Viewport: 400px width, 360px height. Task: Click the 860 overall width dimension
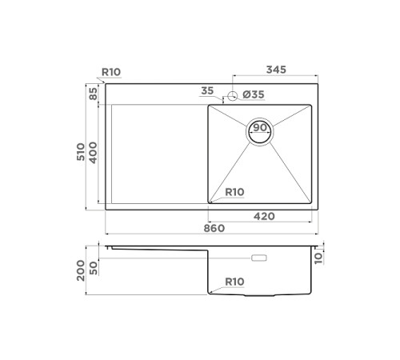pos(212,228)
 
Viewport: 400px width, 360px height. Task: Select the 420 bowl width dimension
pos(264,215)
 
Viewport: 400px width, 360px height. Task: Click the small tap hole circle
pos(233,96)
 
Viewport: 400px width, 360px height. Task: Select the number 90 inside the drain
pos(260,128)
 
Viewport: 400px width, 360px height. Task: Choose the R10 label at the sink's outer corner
pos(110,72)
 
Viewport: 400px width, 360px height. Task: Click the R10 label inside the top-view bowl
pos(234,192)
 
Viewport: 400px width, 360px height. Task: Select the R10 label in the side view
pos(234,282)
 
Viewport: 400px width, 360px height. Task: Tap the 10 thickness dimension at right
pos(320,257)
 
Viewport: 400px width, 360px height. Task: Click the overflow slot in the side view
pos(260,258)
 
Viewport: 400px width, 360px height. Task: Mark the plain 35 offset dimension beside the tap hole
pos(208,90)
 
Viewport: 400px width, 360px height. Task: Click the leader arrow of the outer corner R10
pos(102,80)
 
